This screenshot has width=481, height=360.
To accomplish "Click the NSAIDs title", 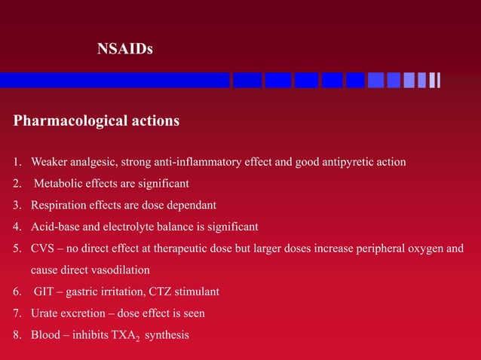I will [x=125, y=50].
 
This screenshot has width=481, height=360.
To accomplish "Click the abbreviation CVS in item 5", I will [x=43, y=248].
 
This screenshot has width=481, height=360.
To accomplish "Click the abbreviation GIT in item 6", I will [x=44, y=291].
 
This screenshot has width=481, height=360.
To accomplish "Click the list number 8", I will [x=17, y=334].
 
